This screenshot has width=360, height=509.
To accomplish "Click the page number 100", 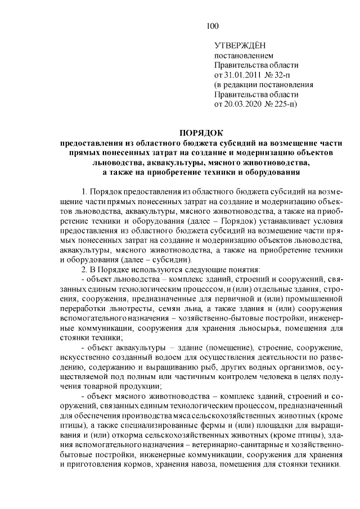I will (x=212, y=25).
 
